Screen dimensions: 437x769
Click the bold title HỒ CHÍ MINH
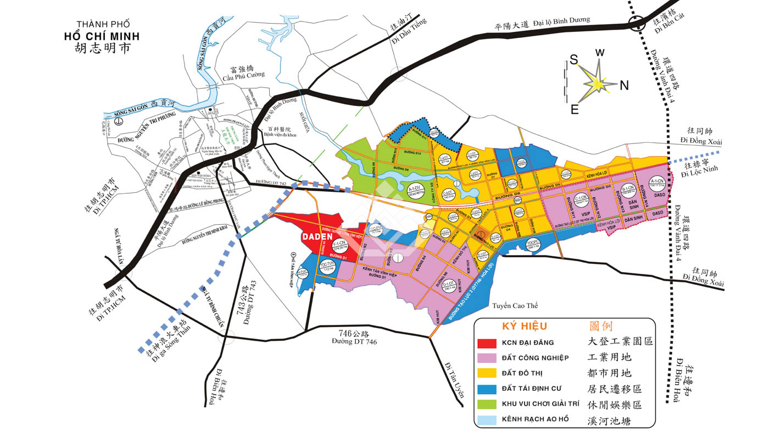point(102,37)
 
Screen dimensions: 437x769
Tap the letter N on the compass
point(624,85)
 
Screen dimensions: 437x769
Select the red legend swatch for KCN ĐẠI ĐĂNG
point(488,343)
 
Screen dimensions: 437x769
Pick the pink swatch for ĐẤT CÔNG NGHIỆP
point(488,358)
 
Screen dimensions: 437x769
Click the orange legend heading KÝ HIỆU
point(525,326)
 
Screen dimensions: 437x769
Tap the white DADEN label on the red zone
point(316,236)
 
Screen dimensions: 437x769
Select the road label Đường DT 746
point(354,341)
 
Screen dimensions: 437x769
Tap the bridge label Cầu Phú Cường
point(243,75)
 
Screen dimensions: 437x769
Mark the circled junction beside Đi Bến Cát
point(637,24)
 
